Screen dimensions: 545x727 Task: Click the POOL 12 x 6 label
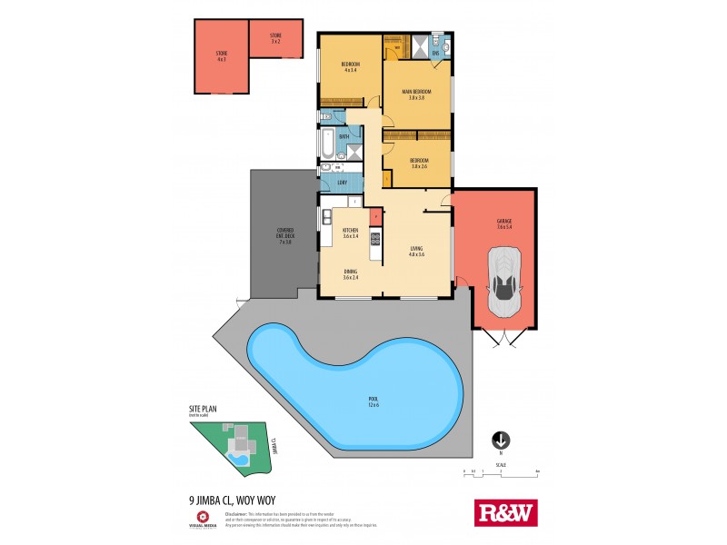coord(372,401)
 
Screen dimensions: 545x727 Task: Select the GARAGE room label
coord(504,223)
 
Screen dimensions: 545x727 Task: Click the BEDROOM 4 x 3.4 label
coord(350,66)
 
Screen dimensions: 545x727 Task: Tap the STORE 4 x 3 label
coord(221,56)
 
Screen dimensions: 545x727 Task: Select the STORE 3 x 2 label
coord(275,38)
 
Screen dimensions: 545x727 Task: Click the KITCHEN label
coord(350,233)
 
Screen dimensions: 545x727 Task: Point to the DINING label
coord(350,274)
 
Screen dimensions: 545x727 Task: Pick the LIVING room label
coord(417,251)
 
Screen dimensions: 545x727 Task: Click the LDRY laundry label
coord(343,183)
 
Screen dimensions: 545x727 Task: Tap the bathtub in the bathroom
coord(326,143)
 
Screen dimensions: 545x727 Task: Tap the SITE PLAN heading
coord(203,410)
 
